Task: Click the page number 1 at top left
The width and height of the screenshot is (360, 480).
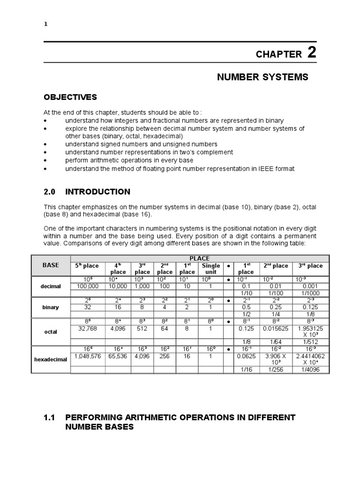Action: tap(45, 24)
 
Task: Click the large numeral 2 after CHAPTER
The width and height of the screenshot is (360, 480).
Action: tap(312, 52)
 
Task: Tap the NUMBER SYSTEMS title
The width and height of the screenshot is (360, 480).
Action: tap(262, 77)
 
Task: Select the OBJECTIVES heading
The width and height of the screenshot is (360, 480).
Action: tap(70, 97)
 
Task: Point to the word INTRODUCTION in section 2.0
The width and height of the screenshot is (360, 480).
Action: tap(97, 192)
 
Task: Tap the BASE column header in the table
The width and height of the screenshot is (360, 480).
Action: tap(51, 265)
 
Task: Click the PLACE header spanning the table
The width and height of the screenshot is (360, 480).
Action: tap(199, 258)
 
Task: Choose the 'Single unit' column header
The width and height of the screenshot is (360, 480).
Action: tap(210, 269)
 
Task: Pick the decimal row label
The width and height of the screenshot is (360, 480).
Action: tap(51, 286)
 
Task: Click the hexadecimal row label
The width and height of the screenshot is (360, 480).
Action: tap(51, 359)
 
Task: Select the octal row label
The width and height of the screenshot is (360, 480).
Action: tap(51, 331)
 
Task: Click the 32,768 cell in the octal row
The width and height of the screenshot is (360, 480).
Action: tap(87, 329)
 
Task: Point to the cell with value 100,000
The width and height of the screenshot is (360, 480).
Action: tap(87, 285)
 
